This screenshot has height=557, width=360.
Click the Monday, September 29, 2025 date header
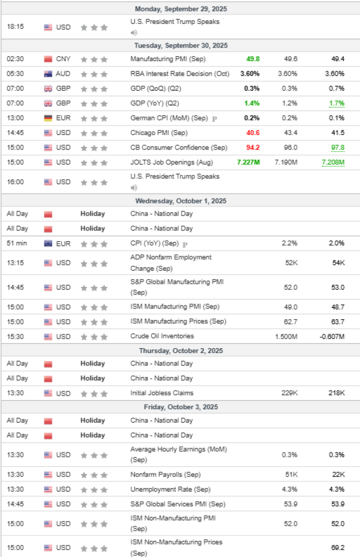pyautogui.click(x=181, y=8)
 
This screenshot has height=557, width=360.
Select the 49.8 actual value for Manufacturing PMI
pyautogui.click(x=252, y=59)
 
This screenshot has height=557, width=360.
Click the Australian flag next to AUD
pyautogui.click(x=49, y=74)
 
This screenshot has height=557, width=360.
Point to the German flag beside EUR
pyautogui.click(x=49, y=118)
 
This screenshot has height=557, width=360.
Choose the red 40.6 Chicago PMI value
pyautogui.click(x=252, y=133)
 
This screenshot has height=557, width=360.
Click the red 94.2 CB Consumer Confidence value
pyautogui.click(x=252, y=147)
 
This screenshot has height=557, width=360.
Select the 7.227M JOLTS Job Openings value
pyautogui.click(x=247, y=162)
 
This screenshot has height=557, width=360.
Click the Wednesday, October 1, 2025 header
pyautogui.click(x=181, y=200)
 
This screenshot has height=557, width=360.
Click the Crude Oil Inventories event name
pyautogui.click(x=162, y=336)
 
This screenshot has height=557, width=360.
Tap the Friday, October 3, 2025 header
pyautogui.click(x=181, y=407)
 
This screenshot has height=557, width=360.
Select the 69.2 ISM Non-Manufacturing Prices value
pyautogui.click(x=336, y=547)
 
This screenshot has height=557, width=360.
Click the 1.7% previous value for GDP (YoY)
pyautogui.click(x=336, y=103)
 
